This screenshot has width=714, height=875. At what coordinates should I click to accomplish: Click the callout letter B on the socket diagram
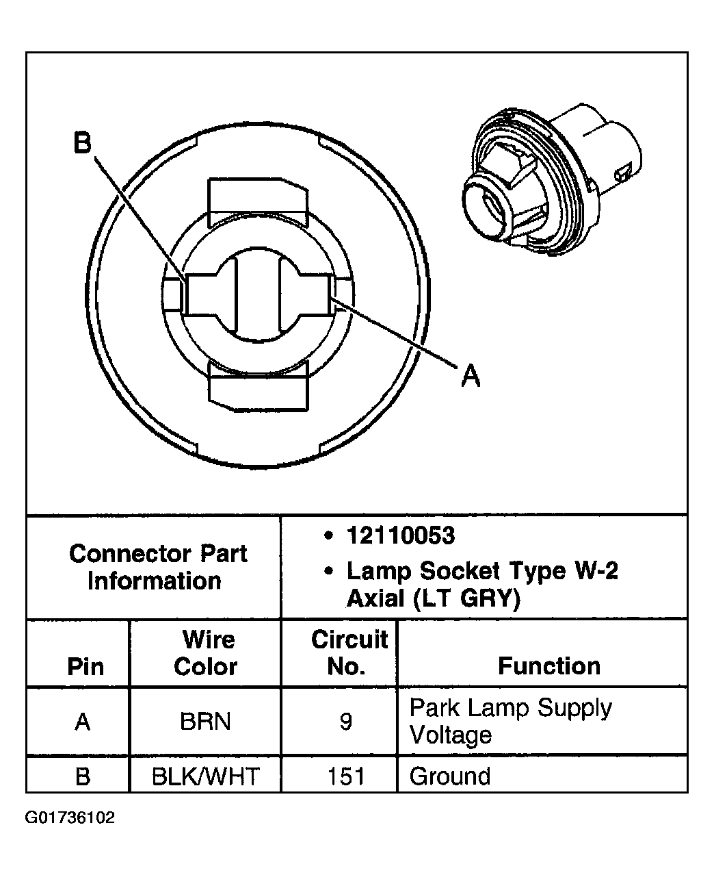point(82,144)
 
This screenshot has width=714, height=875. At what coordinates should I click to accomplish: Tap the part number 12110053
point(400,535)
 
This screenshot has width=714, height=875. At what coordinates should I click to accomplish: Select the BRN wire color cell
point(205,721)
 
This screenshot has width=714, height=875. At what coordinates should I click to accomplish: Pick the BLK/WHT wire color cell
point(205,776)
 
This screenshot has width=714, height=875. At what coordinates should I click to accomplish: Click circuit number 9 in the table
point(346,721)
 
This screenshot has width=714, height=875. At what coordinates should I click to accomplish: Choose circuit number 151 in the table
point(346,776)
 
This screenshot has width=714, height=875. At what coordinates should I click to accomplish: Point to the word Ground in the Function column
point(450,776)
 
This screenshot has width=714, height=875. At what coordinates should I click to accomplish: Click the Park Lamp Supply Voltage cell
point(510,721)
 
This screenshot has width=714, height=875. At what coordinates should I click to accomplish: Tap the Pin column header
point(85,666)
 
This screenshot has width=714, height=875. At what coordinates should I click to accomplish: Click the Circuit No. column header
point(349,653)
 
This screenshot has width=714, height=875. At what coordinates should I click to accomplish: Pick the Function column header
point(548,665)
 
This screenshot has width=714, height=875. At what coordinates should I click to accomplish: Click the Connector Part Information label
point(157,567)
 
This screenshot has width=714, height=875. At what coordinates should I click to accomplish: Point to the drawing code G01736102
point(70,817)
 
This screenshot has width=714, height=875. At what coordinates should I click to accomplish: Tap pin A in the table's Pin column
point(83,721)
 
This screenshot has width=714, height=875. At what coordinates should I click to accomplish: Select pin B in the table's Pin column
point(83,776)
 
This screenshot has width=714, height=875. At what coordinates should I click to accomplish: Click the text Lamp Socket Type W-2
point(482,570)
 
